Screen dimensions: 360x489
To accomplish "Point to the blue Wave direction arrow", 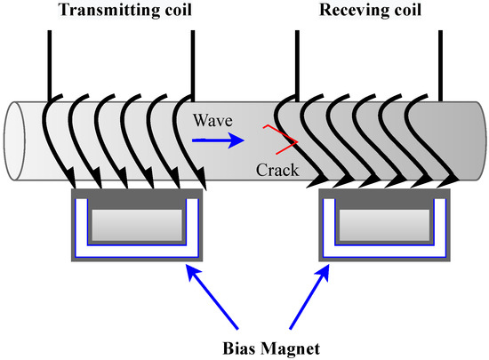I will (217, 139).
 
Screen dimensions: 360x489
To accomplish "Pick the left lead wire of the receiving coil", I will (295, 58).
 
